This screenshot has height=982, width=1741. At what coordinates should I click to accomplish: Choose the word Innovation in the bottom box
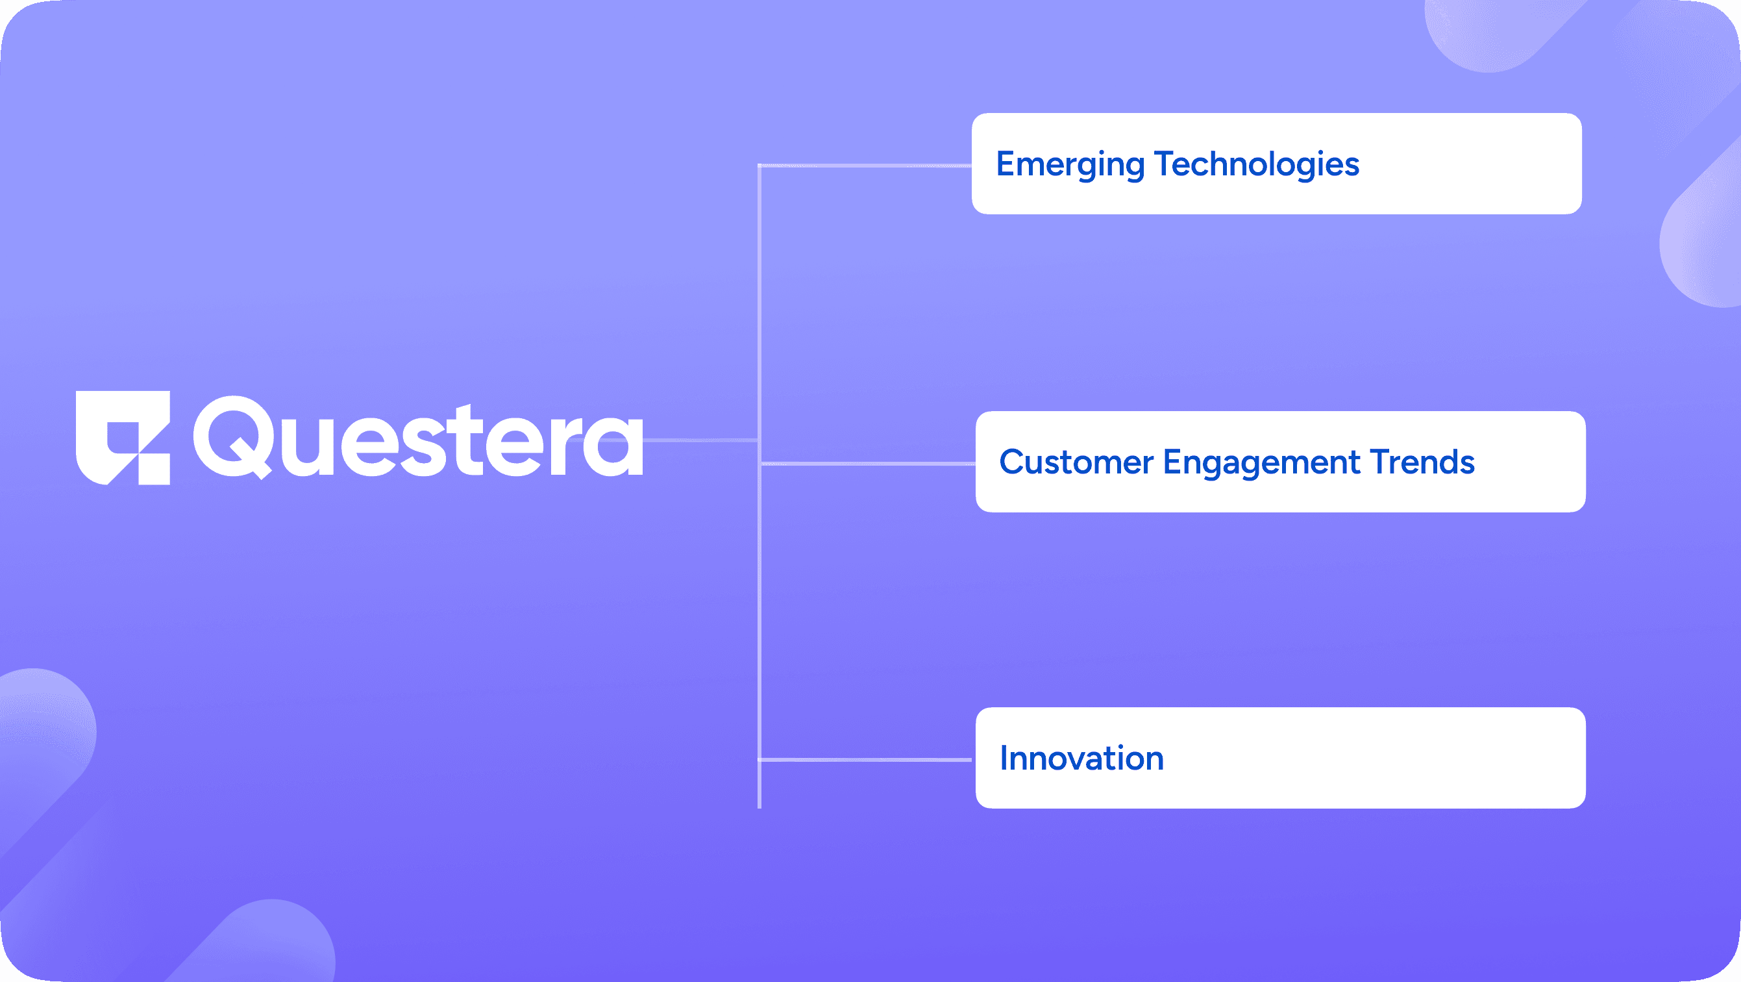[x=1081, y=758]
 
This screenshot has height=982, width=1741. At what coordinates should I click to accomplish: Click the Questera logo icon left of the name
[x=122, y=438]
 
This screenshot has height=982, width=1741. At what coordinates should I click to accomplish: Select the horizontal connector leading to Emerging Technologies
[x=865, y=166]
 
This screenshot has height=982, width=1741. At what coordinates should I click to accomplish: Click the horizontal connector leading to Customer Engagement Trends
[x=868, y=464]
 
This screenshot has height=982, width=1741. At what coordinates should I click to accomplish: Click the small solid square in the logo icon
[x=154, y=470]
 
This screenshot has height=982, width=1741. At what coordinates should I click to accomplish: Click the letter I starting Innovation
[x=1004, y=758]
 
